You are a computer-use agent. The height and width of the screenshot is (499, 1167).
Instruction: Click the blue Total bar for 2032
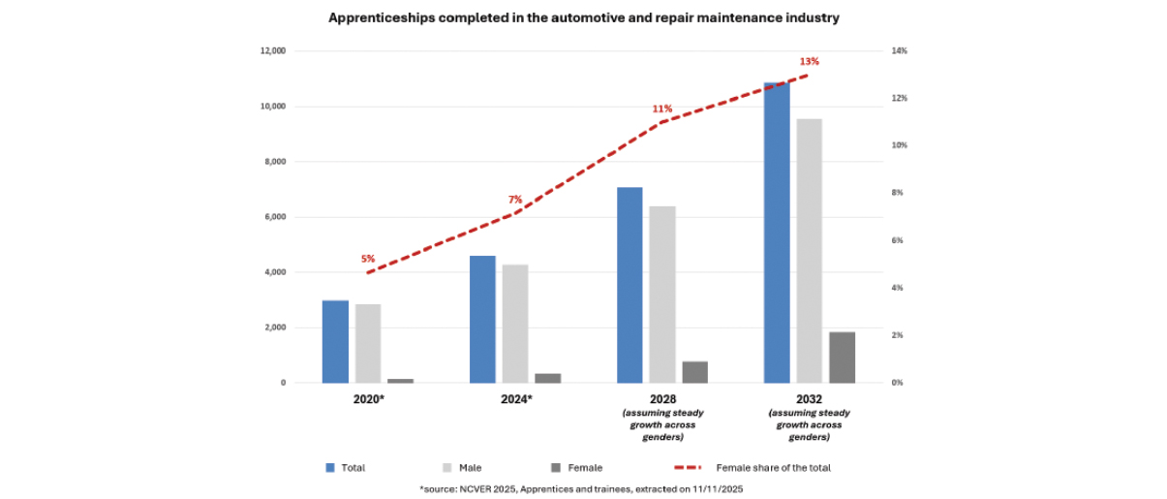point(777,233)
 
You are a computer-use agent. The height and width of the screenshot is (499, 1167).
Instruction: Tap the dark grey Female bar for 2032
point(842,358)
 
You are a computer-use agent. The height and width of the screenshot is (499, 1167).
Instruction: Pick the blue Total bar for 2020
point(335,342)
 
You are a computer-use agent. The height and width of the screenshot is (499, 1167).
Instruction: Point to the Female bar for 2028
point(694,372)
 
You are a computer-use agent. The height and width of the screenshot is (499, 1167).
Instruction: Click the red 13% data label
point(809,62)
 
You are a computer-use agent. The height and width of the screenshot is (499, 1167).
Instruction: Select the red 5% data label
point(368,259)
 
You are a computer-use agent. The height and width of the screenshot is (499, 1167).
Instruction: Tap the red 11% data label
point(662,109)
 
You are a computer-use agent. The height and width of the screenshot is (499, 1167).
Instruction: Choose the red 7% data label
point(515,200)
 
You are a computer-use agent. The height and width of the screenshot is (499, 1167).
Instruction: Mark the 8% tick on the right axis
point(899,193)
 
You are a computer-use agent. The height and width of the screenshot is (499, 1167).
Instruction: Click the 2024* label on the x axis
point(515,399)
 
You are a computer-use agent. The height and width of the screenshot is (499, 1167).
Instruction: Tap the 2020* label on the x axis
point(368,399)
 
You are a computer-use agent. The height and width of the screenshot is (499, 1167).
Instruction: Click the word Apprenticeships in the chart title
point(377,17)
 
